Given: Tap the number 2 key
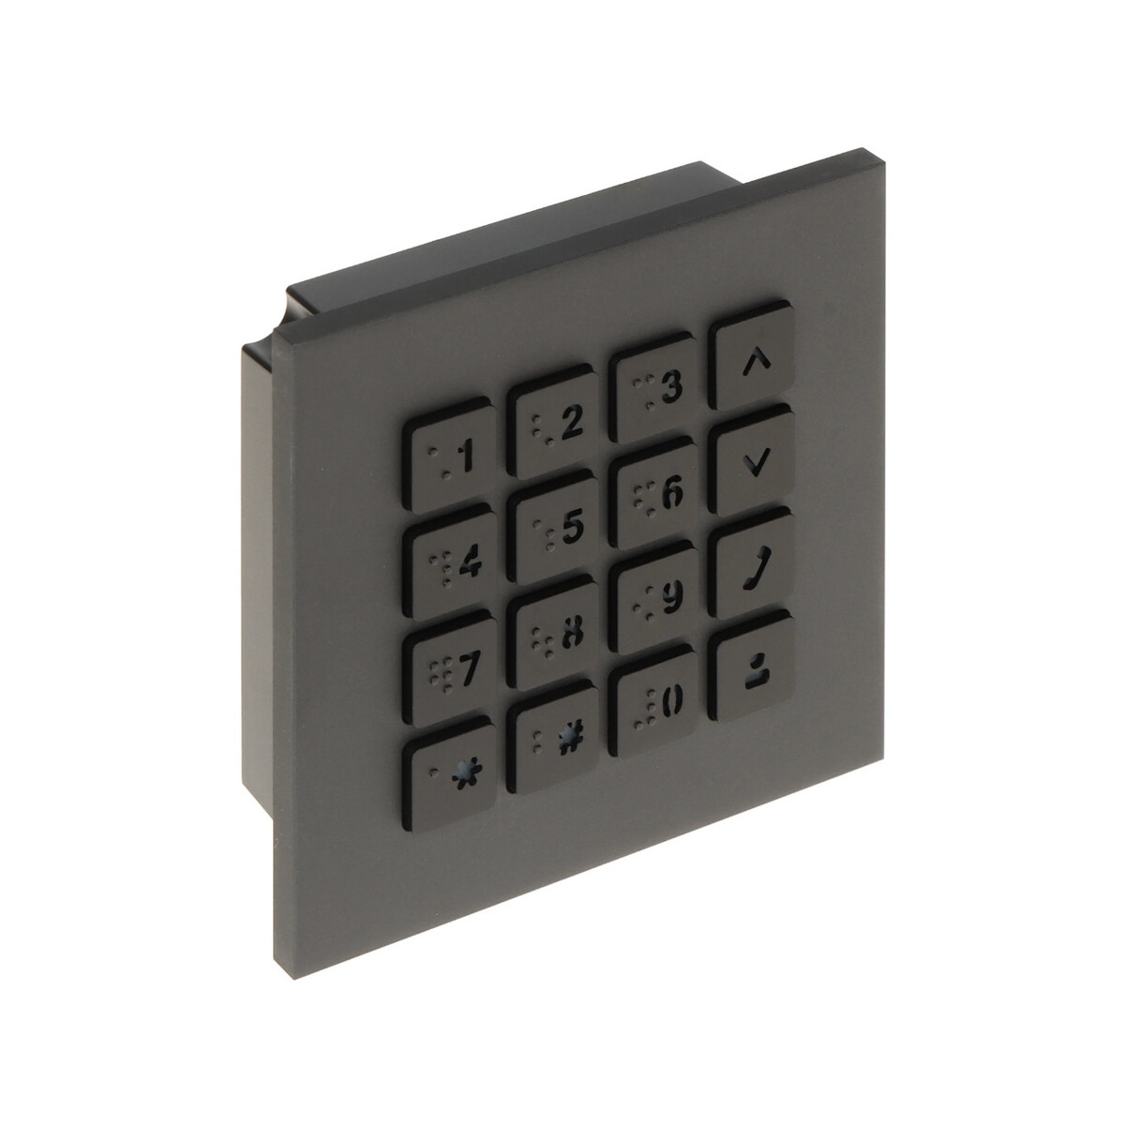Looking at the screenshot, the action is (550, 422).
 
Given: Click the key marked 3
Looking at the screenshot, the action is (653, 387).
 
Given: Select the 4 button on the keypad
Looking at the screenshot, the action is (450, 562).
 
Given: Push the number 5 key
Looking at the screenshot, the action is (552, 527).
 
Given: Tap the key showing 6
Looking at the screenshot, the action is (653, 492).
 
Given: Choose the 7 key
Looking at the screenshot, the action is (450, 667).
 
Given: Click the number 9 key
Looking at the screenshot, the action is (653, 597).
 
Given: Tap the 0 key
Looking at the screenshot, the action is (653, 702).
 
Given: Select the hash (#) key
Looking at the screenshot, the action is (552, 737).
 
